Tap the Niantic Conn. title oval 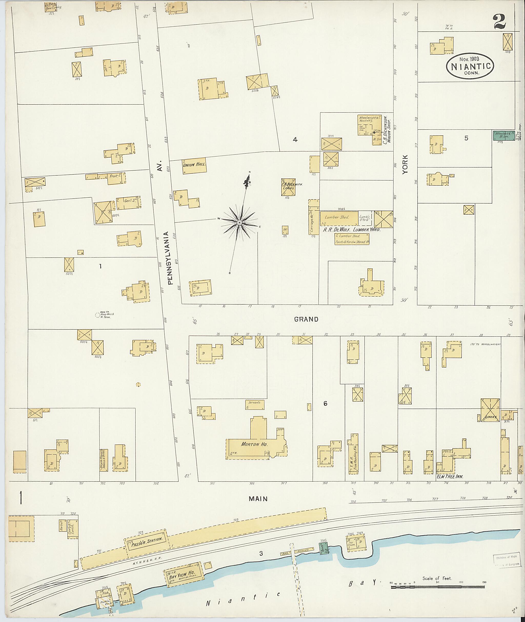[x=470, y=66]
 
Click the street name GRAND [x=306, y=319]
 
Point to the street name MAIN [x=258, y=499]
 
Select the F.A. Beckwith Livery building [x=288, y=187]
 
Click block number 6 [x=325, y=404]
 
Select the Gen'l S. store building [x=128, y=203]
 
